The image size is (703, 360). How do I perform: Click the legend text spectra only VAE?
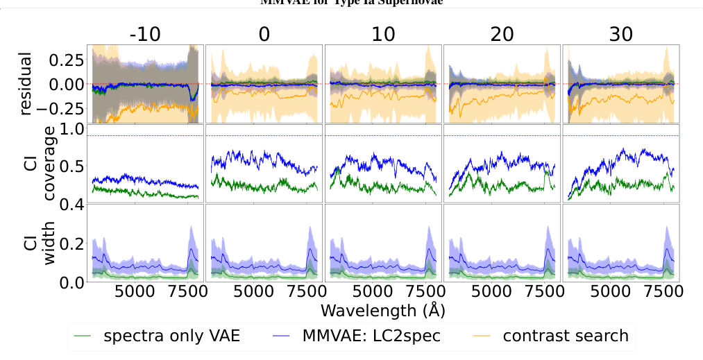point(171,336)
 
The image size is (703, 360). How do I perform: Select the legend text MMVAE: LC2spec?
point(372,336)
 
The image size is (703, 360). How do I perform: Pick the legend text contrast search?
point(566,336)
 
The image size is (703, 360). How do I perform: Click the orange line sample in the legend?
point(480,337)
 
